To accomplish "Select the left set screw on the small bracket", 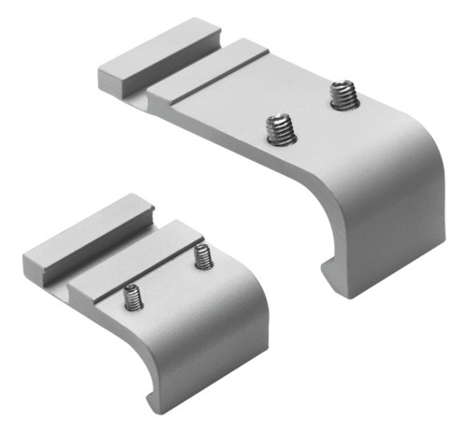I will click(x=134, y=297).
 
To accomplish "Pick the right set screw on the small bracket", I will click(x=202, y=257).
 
